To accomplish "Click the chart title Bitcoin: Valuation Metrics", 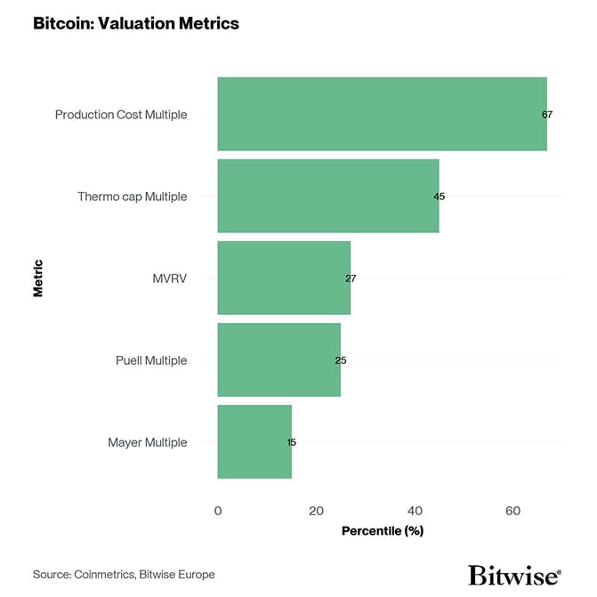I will tap(136, 24).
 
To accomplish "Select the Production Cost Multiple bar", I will tap(382, 114).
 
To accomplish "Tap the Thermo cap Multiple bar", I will tap(327, 196).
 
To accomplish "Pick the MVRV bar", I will tap(284, 278).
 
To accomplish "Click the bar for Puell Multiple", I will tap(278, 359).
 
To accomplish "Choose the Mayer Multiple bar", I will tap(254, 441).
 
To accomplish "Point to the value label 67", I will tap(546, 115).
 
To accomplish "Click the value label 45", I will tap(439, 197).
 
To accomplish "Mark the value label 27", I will tap(351, 278).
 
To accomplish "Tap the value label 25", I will tap(341, 360).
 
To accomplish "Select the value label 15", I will tap(291, 442).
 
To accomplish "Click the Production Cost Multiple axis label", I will tap(121, 115).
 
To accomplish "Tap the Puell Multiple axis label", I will tap(151, 360).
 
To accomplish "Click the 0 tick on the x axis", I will tap(218, 511).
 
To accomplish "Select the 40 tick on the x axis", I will tap(415, 511).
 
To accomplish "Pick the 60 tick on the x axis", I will tap(512, 511).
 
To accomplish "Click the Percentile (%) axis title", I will tap(382, 531).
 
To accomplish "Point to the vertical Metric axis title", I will tap(37, 278).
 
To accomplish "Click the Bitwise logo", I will tap(514, 574).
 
